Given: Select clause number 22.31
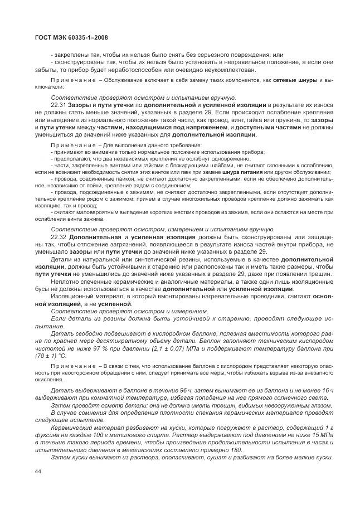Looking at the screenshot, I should pyautogui.click(x=59, y=105).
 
